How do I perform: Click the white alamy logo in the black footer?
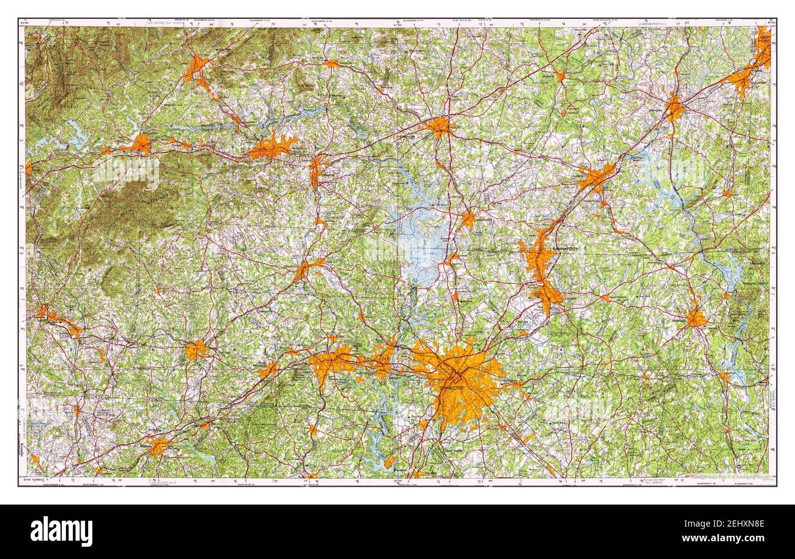click(x=61, y=531)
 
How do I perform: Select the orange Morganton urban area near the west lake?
click(x=139, y=145)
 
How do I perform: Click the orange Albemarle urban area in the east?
click(x=695, y=318)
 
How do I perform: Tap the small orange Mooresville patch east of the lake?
click(x=468, y=220)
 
